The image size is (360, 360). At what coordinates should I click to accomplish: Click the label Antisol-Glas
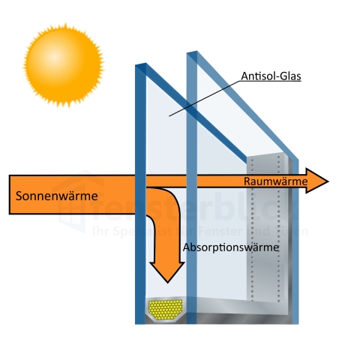tap(271, 76)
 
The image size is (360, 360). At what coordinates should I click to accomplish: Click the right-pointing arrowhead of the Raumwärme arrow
tap(320, 181)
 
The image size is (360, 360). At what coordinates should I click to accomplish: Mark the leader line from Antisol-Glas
tap(210, 94)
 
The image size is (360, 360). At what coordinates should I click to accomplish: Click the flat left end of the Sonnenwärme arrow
tap(12, 194)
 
